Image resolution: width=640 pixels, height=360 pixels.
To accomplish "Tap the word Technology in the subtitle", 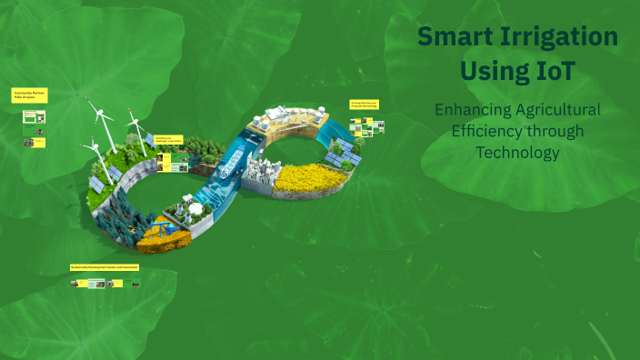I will pyautogui.click(x=518, y=152).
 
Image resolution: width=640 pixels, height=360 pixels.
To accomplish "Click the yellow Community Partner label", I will pyautogui.click(x=29, y=95).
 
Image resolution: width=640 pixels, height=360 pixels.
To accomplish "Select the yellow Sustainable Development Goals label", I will pyautogui.click(x=105, y=267).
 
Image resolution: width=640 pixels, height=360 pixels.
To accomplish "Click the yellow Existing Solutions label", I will pyautogui.click(x=364, y=105).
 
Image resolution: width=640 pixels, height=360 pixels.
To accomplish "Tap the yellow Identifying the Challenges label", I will pyautogui.click(x=169, y=138).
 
